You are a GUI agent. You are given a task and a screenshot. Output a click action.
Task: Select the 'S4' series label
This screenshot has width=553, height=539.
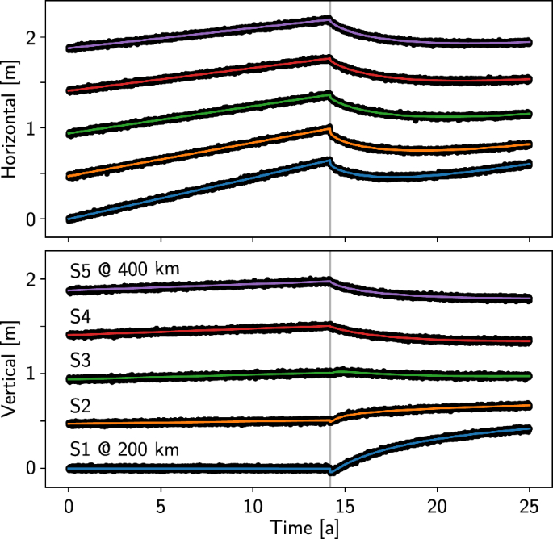(81, 315)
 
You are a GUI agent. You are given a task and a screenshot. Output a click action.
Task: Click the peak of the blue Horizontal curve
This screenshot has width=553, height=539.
(329, 160)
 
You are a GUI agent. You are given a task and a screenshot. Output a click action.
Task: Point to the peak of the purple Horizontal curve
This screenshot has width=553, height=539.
(329, 19)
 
